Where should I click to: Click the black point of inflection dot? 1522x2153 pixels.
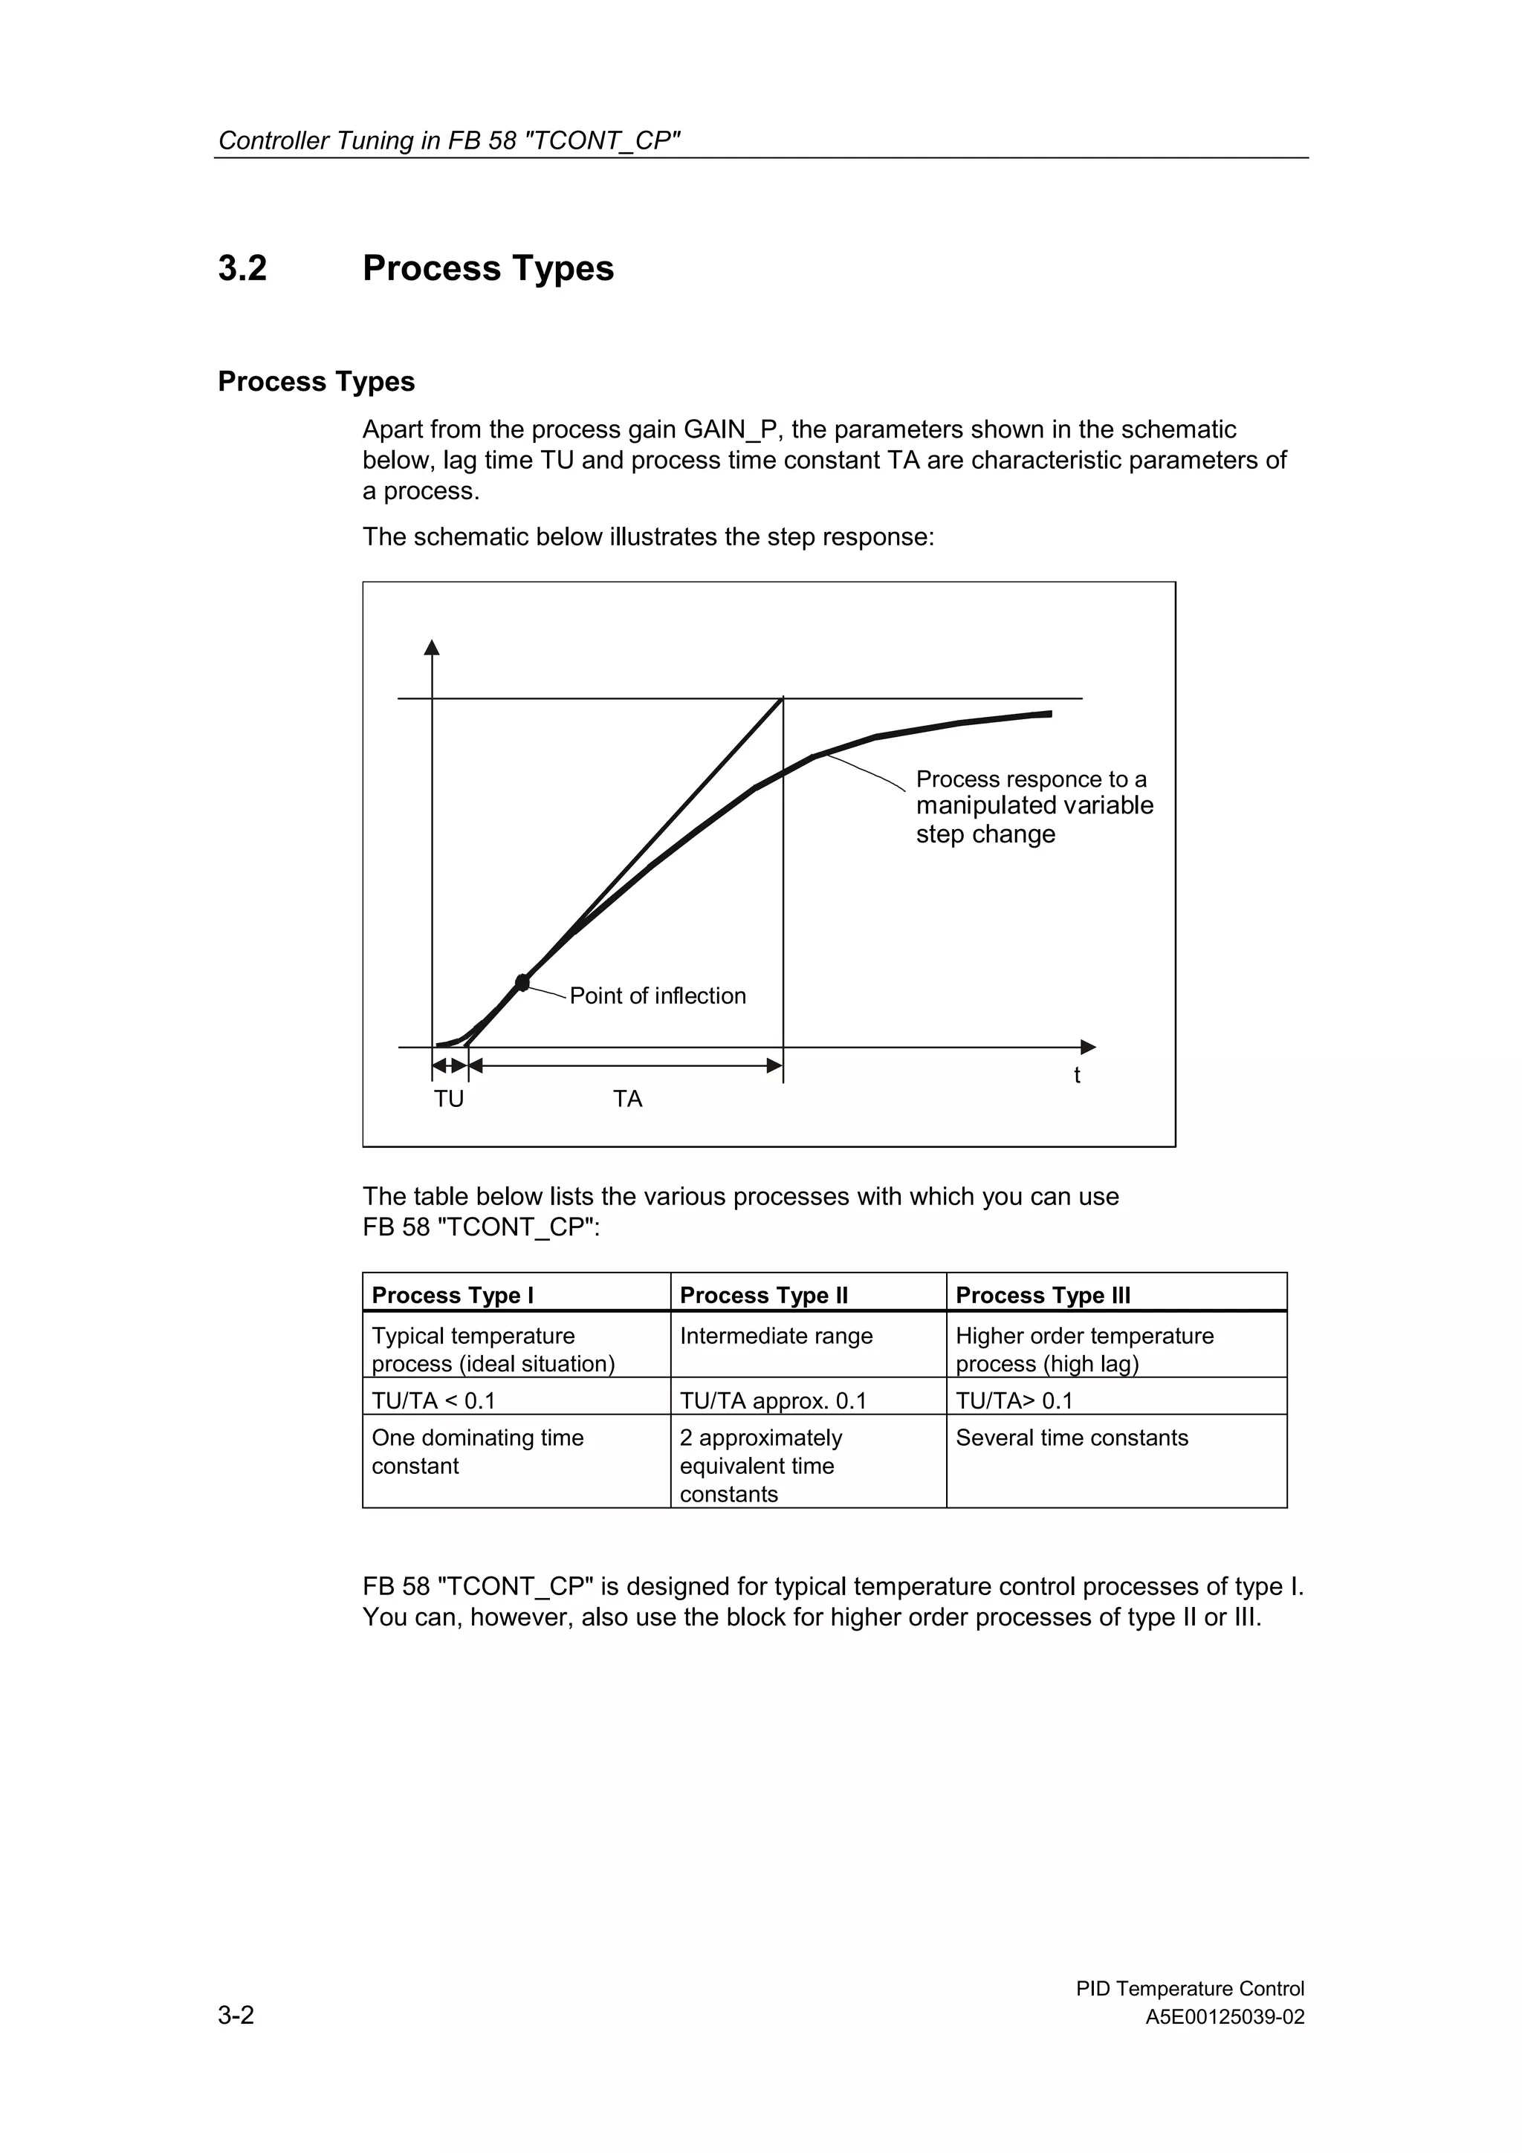[522, 982]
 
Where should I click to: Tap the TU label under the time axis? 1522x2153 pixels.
[448, 1099]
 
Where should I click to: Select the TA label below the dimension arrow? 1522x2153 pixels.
[627, 1099]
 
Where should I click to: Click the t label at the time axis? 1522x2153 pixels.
[1077, 1076]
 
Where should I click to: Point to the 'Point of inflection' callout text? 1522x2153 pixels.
[658, 996]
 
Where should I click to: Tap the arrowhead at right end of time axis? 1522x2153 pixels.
[1088, 1047]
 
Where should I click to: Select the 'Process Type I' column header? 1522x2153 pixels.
[452, 1295]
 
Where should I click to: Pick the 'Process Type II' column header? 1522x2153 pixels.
[763, 1295]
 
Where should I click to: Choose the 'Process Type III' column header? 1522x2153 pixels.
[1043, 1295]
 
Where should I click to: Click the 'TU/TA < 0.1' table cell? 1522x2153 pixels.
[433, 1401]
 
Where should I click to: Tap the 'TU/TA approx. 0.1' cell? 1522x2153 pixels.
[773, 1401]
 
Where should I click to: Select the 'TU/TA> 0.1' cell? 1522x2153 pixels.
[1014, 1401]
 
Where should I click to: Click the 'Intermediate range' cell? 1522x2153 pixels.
[776, 1337]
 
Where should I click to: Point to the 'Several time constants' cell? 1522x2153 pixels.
[1071, 1438]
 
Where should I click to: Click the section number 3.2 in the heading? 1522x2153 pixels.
[242, 268]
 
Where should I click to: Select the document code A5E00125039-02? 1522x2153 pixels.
[1224, 2018]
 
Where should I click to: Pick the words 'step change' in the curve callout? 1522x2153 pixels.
[985, 834]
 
